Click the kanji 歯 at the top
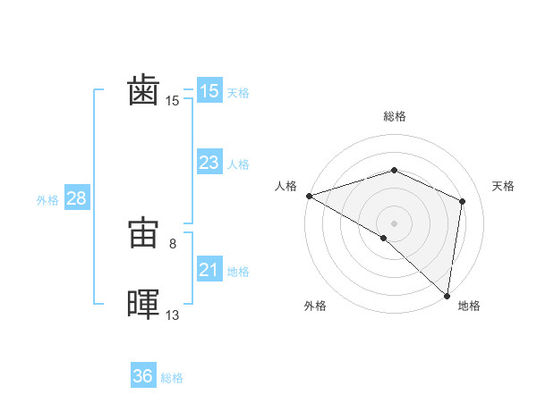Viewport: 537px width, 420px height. point(143,91)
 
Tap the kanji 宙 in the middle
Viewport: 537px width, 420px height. point(143,234)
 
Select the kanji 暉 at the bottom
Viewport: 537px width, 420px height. point(143,305)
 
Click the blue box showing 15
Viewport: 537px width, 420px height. point(209,91)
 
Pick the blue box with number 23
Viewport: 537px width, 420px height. point(209,163)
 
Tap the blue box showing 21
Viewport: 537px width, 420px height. point(209,270)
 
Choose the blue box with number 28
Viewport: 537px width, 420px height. point(76,198)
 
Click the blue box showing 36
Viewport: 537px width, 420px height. point(143,376)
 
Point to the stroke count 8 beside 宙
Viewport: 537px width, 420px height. point(184,243)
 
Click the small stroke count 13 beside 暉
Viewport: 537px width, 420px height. point(173,315)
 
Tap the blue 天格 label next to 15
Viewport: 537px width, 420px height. point(238,93)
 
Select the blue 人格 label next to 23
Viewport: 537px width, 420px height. point(238,164)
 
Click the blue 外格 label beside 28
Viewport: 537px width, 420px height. point(47,200)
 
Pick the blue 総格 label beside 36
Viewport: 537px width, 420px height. point(172,378)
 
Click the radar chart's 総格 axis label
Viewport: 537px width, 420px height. point(394,116)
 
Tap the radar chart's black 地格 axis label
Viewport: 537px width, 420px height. point(469,306)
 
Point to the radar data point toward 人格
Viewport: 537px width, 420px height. point(309,196)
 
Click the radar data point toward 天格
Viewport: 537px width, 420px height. point(463,201)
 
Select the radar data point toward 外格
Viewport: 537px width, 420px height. point(384,238)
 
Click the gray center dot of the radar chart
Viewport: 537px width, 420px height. point(394,223)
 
